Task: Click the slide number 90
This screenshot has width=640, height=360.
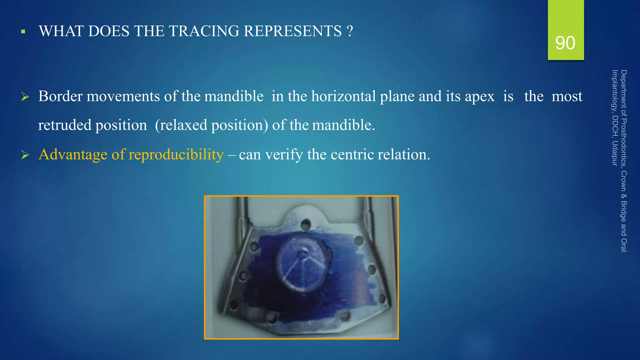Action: pos(565,43)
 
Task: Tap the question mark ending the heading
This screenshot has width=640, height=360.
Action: pos(350,31)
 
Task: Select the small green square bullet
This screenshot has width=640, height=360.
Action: pos(23,32)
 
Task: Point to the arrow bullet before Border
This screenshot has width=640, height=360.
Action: pos(25,97)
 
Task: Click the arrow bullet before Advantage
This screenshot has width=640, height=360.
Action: pos(25,155)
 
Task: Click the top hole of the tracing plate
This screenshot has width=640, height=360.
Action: pos(305,224)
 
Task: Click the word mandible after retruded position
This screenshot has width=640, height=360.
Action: pos(343,125)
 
